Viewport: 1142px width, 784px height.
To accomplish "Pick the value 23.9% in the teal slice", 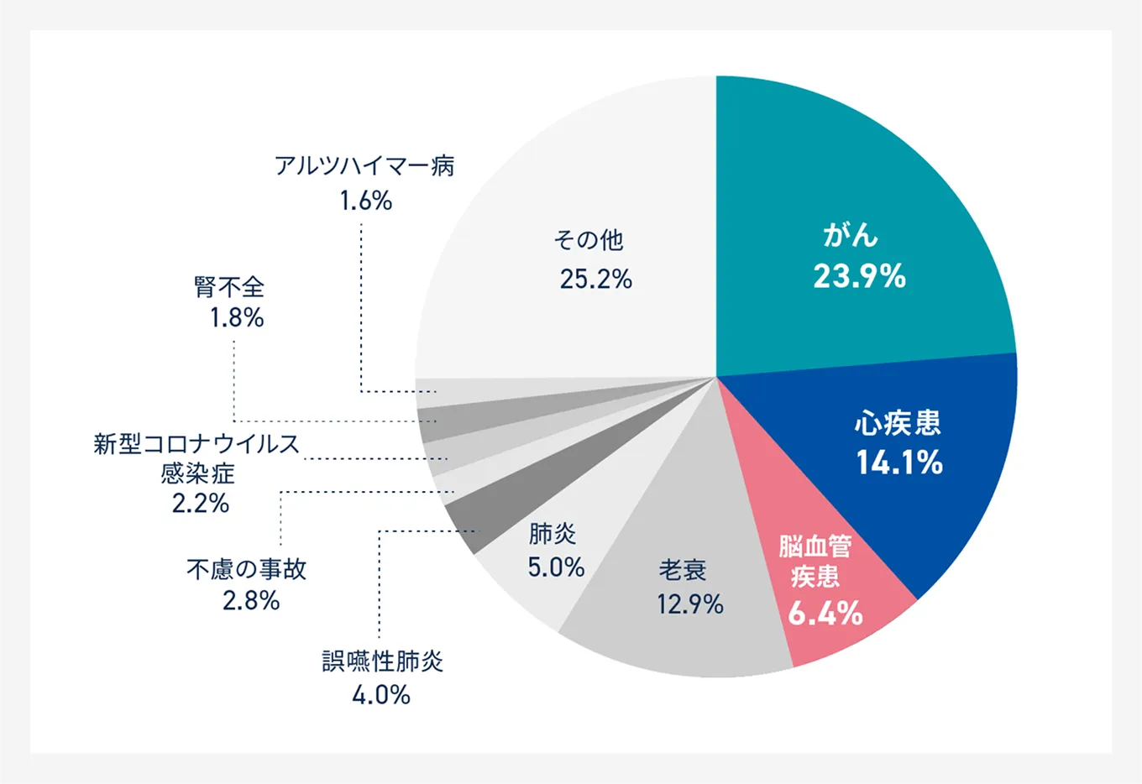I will [859, 276].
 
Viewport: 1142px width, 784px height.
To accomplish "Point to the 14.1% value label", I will [899, 463].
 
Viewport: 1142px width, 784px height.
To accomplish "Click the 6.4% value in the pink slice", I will [825, 614].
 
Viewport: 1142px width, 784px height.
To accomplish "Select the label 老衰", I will [683, 570].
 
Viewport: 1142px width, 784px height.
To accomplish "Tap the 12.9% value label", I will [689, 604].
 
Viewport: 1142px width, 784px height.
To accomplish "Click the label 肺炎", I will [553, 533].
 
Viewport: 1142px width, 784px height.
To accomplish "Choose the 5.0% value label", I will [555, 567].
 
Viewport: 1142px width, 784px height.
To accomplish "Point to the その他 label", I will [588, 240].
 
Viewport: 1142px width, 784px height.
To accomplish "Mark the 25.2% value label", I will [595, 279].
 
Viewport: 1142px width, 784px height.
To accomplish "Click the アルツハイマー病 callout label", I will [364, 166].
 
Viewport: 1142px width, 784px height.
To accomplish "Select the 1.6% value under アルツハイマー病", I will [365, 201].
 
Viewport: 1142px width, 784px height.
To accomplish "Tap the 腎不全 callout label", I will [229, 287].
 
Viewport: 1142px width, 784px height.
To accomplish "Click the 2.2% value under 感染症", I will [200, 504].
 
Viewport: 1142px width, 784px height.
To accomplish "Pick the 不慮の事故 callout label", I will [246, 569].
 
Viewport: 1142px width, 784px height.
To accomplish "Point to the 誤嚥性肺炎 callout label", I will [382, 661].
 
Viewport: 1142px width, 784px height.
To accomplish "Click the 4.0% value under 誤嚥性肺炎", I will [380, 695].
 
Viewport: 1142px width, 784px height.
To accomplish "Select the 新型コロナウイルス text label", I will [196, 443].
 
